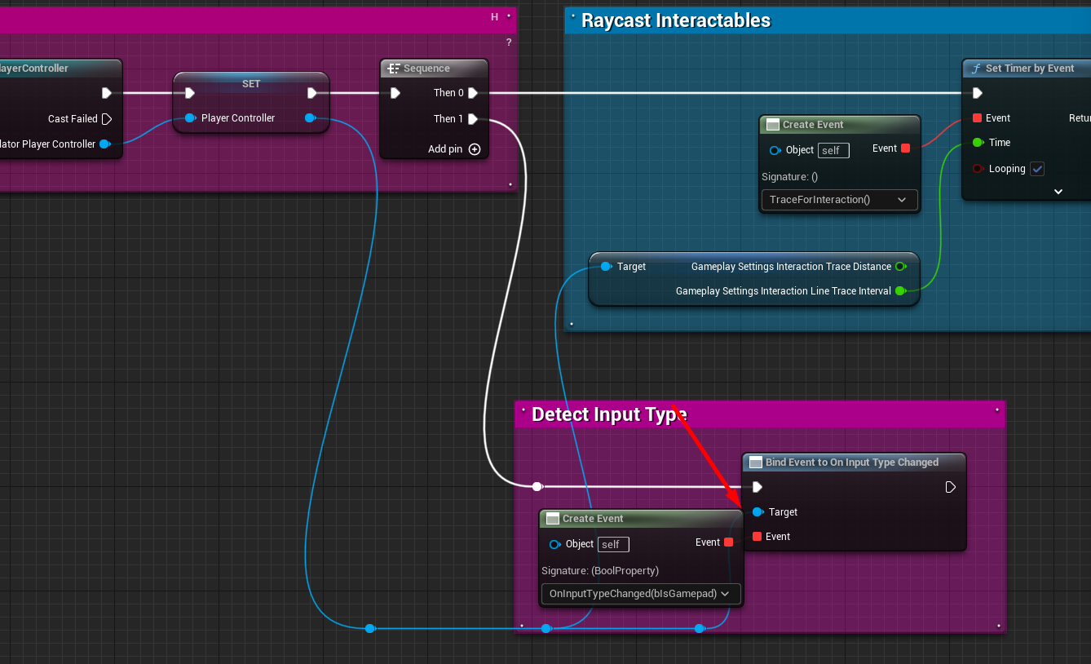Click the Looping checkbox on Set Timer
click(1037, 169)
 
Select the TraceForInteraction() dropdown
click(838, 200)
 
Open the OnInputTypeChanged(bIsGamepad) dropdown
click(640, 594)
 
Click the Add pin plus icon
click(475, 149)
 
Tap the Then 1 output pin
click(473, 119)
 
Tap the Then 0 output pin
click(473, 93)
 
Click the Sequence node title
click(426, 69)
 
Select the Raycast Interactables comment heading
click(675, 20)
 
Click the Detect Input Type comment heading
click(608, 414)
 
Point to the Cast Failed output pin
click(106, 119)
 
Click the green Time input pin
click(977, 143)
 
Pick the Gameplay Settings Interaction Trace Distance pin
click(900, 267)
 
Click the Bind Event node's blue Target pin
click(758, 512)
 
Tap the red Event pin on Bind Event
click(758, 537)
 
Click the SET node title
click(251, 84)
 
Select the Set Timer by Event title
click(1029, 69)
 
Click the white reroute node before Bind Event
click(537, 486)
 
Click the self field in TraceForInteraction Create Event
click(833, 150)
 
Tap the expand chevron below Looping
click(1058, 192)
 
